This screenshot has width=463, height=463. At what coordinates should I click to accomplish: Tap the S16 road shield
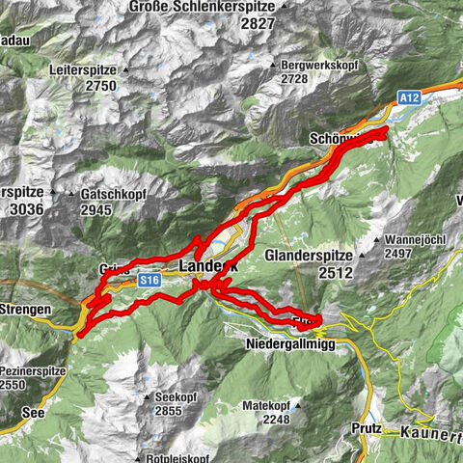pyautogui.click(x=147, y=280)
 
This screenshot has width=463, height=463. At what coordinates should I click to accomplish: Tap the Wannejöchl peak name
pyautogui.click(x=419, y=237)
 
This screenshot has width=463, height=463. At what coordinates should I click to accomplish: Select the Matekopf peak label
pyautogui.click(x=267, y=406)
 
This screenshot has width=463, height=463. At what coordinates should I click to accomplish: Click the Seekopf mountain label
pyautogui.click(x=177, y=396)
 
